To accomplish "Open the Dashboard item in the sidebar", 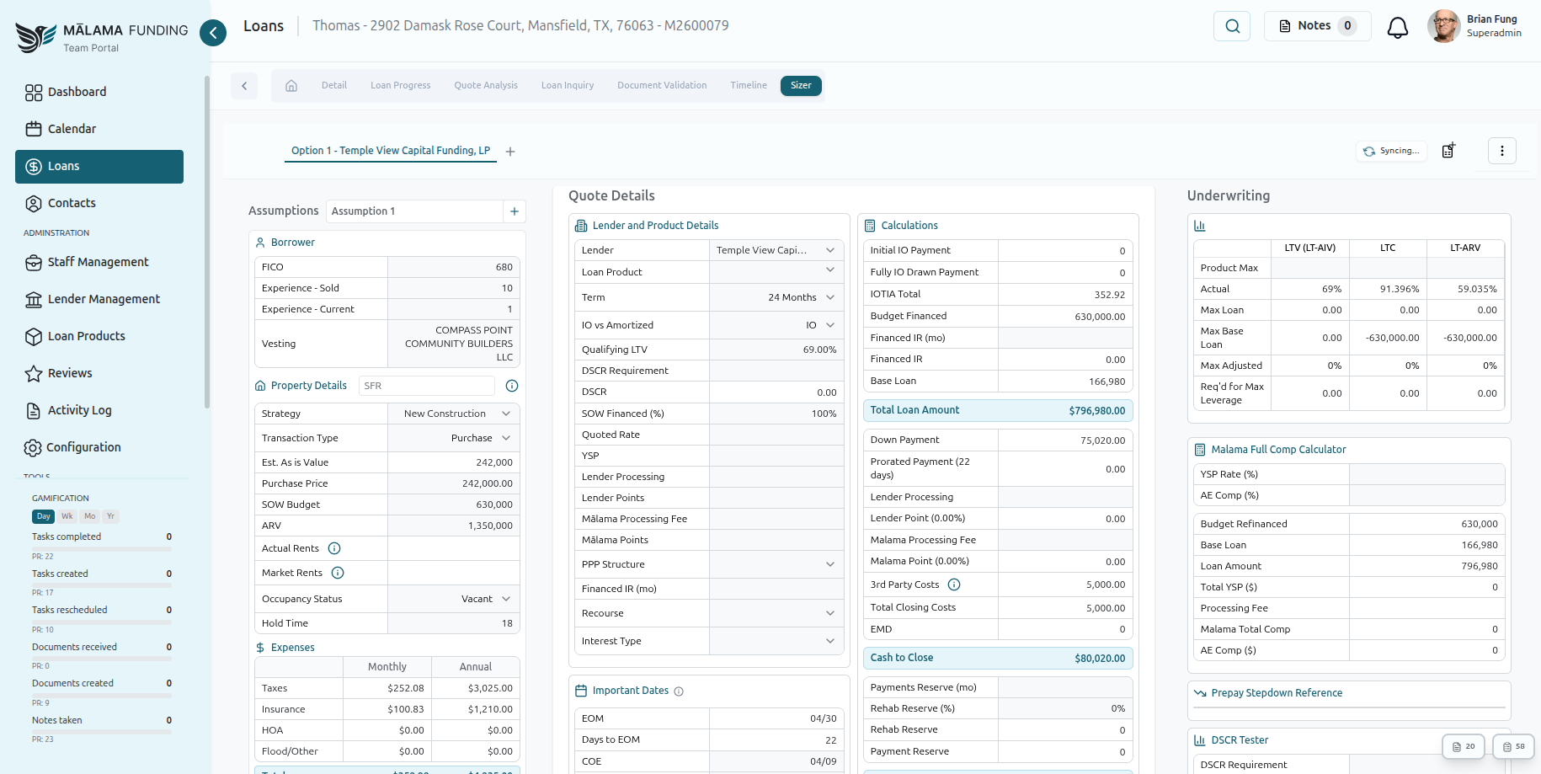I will [77, 92].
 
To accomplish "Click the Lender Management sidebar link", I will [103, 299].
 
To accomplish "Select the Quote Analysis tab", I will [486, 85].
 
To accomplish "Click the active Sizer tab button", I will [800, 85].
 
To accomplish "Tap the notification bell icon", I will [1397, 27].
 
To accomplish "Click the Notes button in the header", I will [1317, 26].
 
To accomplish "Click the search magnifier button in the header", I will [1232, 26].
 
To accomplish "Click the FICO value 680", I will [504, 267].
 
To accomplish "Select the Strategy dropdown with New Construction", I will [454, 414].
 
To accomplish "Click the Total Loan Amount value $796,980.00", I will [1096, 411].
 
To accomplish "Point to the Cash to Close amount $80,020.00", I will [1099, 659].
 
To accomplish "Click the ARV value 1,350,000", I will [490, 526].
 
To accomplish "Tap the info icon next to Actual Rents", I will [334, 548].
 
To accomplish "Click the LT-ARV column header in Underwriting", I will [1464, 248].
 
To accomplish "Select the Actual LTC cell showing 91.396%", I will [1399, 289].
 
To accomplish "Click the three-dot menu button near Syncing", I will [1501, 151].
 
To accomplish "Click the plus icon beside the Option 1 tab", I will [510, 152].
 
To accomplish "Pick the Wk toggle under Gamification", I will [67, 516].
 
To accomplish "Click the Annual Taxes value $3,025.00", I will [489, 688].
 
